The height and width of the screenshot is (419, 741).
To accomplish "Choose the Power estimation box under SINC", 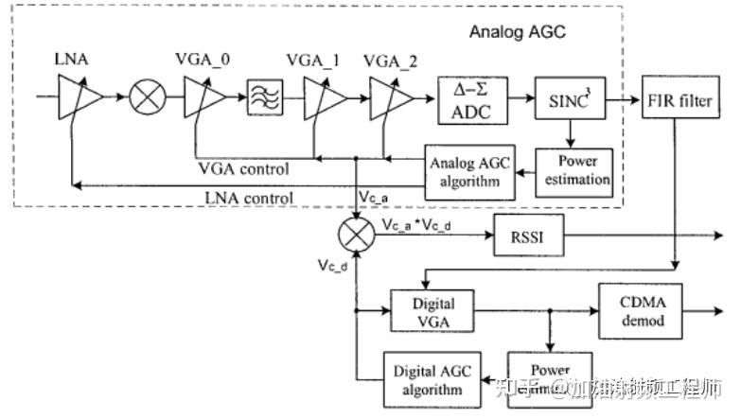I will tap(577, 169).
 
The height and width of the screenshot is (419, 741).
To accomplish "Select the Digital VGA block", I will tap(432, 311).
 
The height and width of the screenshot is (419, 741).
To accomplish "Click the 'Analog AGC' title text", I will tap(517, 32).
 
